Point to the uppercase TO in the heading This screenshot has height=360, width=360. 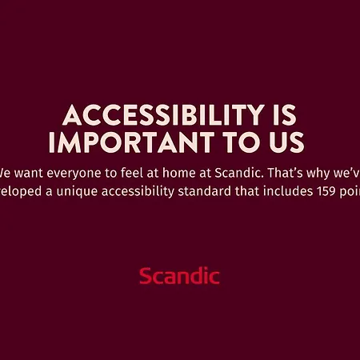pyautogui.click(x=233, y=142)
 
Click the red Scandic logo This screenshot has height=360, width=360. pyautogui.click(x=179, y=277)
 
